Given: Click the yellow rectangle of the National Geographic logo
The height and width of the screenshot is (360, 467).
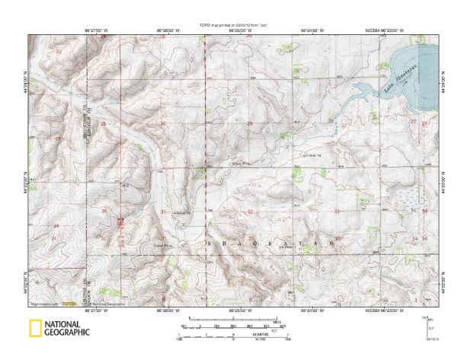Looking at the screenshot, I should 35,329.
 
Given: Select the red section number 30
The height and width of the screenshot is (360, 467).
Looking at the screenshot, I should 162,123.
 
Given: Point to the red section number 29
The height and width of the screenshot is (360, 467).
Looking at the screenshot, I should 250,123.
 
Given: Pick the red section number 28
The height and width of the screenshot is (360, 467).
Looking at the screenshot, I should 331,121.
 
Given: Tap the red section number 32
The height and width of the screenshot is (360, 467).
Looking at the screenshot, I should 250,211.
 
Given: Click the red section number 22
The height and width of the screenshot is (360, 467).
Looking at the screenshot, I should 59,50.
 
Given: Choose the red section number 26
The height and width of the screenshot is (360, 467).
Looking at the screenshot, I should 103,123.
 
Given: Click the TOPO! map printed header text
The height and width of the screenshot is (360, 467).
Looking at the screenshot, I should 235,26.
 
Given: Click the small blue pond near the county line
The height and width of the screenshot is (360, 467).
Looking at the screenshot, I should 110,100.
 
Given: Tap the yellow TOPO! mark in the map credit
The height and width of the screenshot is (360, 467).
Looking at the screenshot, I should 70,303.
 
